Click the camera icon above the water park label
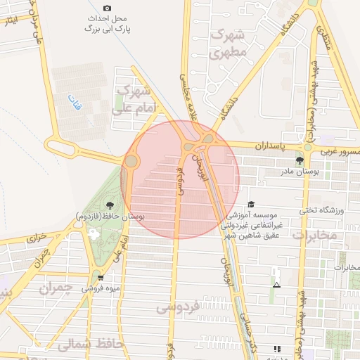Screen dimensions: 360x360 point(107,7)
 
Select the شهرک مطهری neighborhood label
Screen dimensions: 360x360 point(229,43)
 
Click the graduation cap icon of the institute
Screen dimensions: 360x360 point(251,204)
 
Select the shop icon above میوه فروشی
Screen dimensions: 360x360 point(101,278)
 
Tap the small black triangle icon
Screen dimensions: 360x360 point(276,285)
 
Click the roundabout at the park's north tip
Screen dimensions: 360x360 point(131,162)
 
